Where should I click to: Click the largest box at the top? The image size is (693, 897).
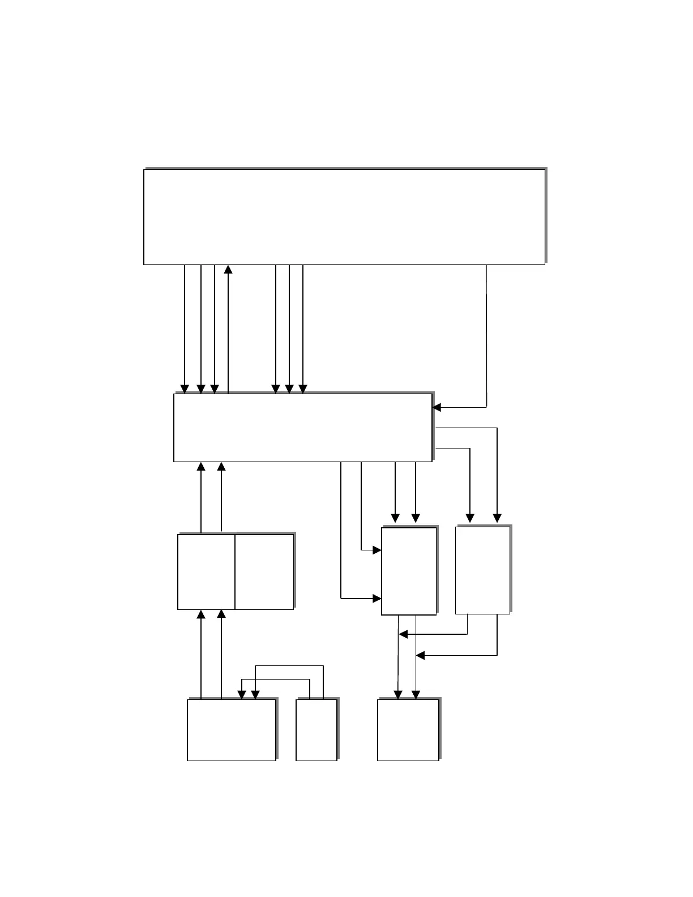click(344, 216)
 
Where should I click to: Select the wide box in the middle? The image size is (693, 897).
click(302, 428)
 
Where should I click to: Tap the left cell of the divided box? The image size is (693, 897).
click(206, 571)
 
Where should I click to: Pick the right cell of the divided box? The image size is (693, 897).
click(264, 571)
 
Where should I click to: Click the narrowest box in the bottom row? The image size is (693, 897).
click(316, 729)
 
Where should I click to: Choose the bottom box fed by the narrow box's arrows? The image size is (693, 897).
click(232, 729)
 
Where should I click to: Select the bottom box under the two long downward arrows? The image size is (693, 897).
click(408, 729)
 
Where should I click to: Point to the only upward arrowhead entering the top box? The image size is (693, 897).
click(228, 269)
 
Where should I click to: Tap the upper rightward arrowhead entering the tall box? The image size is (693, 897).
click(377, 550)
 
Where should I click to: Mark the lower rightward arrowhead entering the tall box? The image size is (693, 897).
click(377, 598)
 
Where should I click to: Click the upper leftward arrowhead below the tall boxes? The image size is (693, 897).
click(403, 634)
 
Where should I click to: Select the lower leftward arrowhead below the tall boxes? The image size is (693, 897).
click(420, 655)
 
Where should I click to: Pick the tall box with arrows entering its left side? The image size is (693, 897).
click(409, 571)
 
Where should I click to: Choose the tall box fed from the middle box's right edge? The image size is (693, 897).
click(482, 570)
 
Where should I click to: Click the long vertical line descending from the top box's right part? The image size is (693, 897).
click(486, 334)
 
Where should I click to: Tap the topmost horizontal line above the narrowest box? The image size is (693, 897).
click(289, 666)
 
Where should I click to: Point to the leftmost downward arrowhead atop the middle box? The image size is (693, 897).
click(185, 389)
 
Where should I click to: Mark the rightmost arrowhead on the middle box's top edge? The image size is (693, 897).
click(303, 389)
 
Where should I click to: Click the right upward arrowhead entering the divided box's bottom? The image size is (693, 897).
click(221, 614)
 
